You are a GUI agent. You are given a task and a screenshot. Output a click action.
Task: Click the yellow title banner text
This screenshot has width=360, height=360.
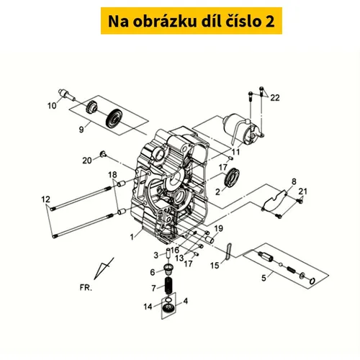(x=191, y=21)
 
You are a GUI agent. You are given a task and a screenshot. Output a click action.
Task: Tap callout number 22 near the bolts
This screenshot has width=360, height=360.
(x=275, y=98)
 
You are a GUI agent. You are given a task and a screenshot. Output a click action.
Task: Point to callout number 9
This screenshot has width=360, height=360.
(x=81, y=130)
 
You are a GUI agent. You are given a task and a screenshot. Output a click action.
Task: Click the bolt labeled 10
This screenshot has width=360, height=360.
(x=67, y=95)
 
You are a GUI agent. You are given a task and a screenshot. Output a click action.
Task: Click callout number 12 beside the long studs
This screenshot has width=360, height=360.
(x=45, y=199)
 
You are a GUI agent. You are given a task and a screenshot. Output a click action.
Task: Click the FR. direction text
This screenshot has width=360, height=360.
(x=86, y=287)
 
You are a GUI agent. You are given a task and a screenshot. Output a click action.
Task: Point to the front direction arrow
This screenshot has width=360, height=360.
(x=103, y=269)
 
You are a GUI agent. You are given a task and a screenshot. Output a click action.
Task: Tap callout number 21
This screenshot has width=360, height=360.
(x=302, y=192)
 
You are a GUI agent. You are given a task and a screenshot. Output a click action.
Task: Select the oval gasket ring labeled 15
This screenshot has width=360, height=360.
(x=228, y=251)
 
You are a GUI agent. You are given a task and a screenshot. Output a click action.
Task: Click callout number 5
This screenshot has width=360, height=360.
(x=264, y=278)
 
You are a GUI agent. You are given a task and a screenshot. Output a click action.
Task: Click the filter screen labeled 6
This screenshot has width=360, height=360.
(x=168, y=269)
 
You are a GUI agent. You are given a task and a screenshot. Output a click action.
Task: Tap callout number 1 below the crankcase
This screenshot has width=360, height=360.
(x=132, y=237)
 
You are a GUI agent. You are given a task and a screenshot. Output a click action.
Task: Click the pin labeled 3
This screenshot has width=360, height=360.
(x=168, y=253)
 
